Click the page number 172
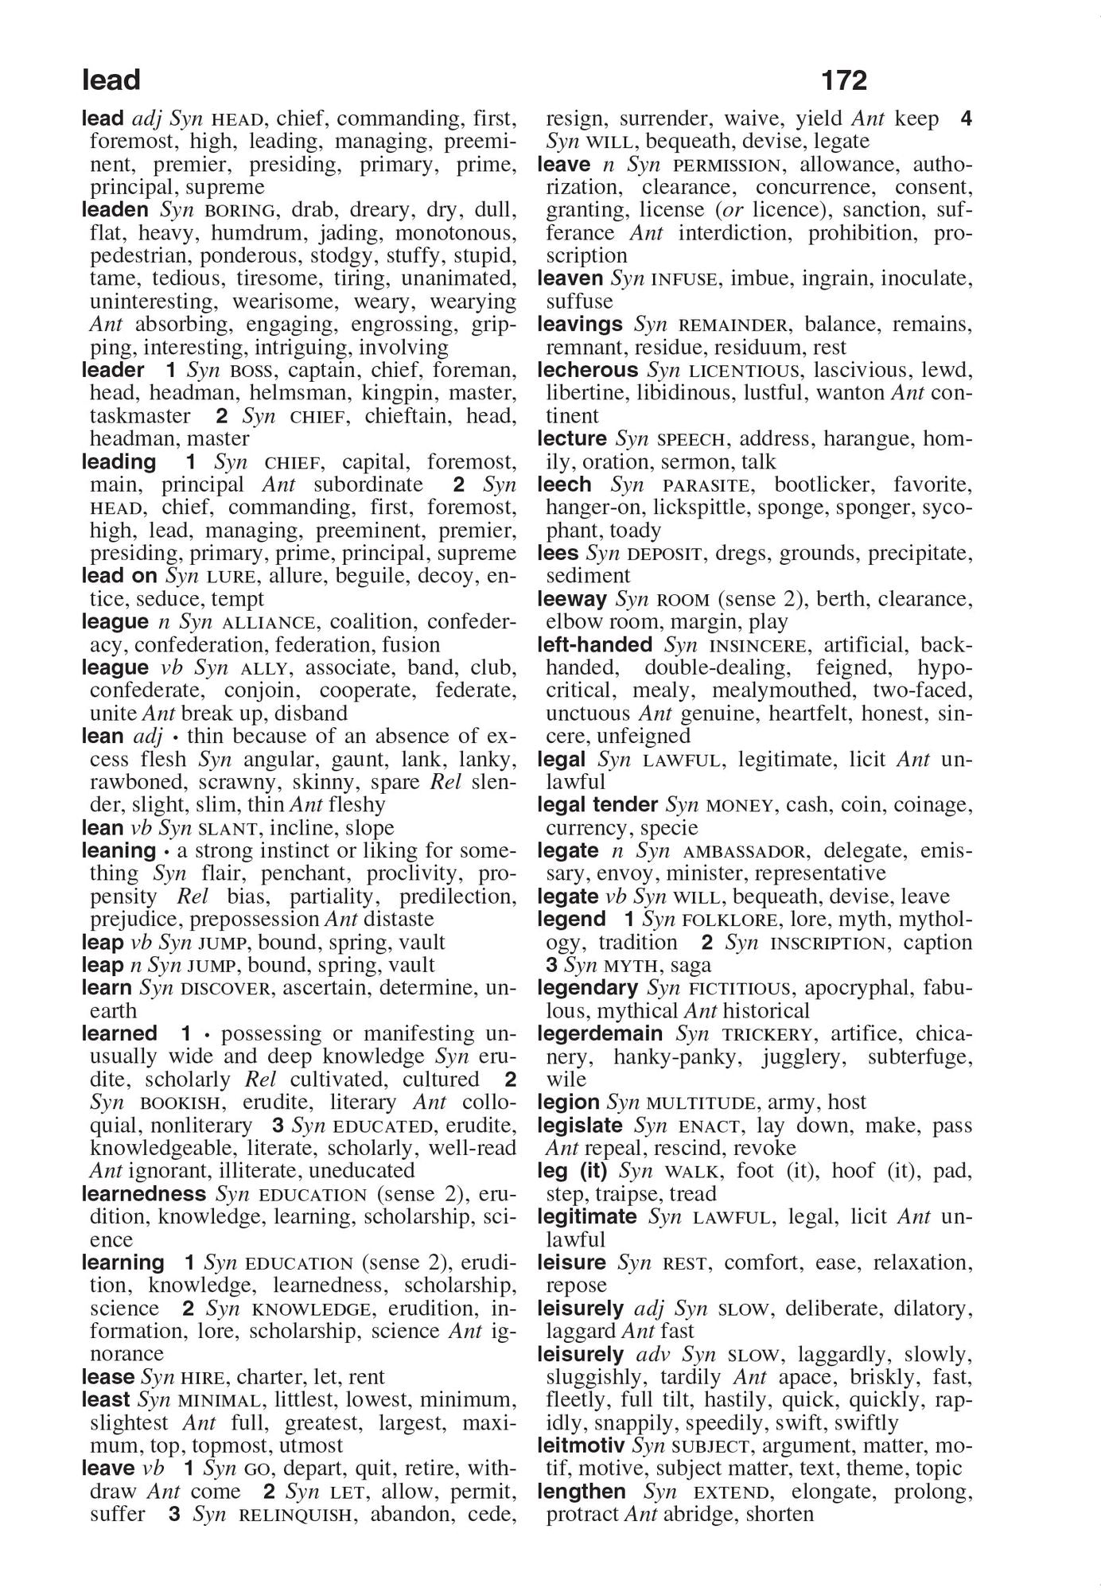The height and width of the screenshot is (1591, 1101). (844, 80)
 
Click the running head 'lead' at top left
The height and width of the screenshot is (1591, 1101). (111, 80)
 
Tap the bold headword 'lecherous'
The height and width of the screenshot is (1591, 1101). (588, 370)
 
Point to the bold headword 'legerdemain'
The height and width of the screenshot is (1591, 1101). (600, 1033)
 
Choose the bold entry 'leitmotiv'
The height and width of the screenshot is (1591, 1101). (581, 1445)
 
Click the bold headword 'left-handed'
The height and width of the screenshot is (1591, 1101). (595, 644)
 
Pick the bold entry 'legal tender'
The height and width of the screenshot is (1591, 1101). (597, 805)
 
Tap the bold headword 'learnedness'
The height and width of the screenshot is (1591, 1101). (144, 1194)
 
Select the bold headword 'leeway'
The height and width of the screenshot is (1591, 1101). (572, 599)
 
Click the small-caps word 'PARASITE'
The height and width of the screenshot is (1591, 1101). (700, 485)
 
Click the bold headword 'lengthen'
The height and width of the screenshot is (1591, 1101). (582, 1492)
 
